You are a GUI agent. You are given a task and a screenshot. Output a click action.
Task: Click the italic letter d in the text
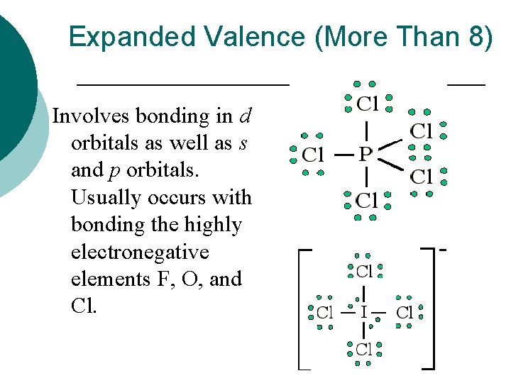[x=246, y=115]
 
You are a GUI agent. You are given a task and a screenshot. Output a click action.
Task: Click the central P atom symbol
[x=365, y=153]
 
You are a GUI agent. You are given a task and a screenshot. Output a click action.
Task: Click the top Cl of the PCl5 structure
[x=367, y=105]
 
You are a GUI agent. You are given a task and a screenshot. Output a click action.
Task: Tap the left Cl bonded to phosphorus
[x=313, y=154]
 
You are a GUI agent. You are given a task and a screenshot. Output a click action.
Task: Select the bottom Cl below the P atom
[x=366, y=201]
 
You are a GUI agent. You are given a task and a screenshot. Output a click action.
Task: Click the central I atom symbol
[x=363, y=311]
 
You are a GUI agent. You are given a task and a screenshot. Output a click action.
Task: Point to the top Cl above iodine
[x=364, y=271]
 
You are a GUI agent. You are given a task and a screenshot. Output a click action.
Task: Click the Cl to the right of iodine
[x=405, y=312]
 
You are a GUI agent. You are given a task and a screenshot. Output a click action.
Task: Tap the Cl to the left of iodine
[x=324, y=312]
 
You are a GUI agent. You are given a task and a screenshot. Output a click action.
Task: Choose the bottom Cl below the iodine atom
[x=364, y=349]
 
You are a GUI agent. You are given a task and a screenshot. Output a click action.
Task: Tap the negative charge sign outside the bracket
[x=443, y=250]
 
